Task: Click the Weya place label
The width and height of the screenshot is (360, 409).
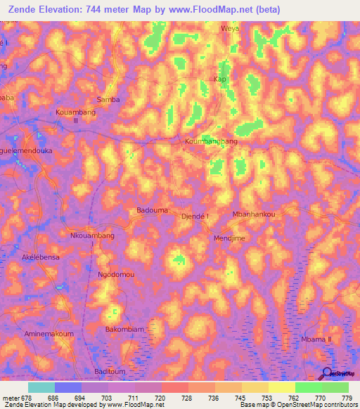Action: (x=231, y=29)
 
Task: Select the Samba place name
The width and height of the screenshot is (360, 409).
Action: (x=108, y=100)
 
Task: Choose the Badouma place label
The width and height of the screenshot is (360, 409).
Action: (x=150, y=210)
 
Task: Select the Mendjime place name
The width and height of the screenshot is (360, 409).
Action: (x=229, y=238)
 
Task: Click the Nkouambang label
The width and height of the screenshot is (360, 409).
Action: (x=92, y=235)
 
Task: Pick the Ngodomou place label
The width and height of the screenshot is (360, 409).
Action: (x=115, y=275)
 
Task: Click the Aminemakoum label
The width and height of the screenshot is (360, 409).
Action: (x=49, y=334)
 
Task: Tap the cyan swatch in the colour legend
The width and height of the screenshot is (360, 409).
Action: (x=41, y=387)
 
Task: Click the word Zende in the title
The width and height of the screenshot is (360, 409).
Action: (x=20, y=9)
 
